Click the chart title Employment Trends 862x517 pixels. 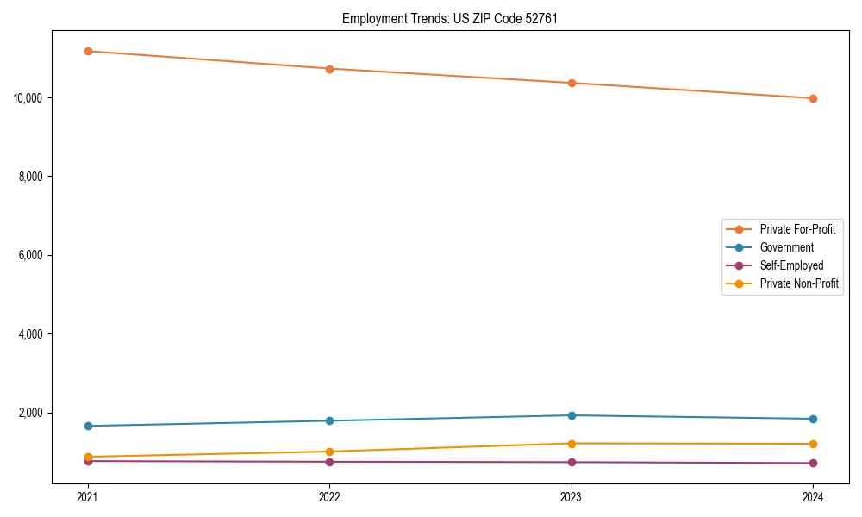(x=449, y=18)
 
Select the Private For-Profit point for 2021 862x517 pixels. (x=88, y=51)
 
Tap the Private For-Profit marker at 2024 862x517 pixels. (x=813, y=98)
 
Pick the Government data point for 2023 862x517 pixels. (x=572, y=415)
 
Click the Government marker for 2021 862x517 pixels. (x=88, y=426)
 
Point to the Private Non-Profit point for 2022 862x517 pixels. (x=329, y=452)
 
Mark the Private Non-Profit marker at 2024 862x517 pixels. (x=813, y=444)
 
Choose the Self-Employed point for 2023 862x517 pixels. (x=572, y=462)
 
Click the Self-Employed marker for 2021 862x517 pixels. (x=88, y=461)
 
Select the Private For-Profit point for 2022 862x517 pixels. (x=329, y=69)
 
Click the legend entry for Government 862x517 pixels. (x=786, y=247)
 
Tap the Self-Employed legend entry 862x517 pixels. (x=791, y=265)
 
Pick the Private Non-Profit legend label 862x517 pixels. (x=799, y=283)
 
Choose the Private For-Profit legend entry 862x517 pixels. (x=797, y=229)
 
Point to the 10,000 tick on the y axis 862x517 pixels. (x=28, y=97)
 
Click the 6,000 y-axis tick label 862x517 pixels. (x=32, y=255)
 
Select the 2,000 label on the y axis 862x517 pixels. (x=32, y=413)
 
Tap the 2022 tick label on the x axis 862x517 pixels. (x=329, y=497)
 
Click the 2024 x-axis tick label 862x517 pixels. (x=813, y=497)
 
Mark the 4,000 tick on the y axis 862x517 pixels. (x=32, y=334)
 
